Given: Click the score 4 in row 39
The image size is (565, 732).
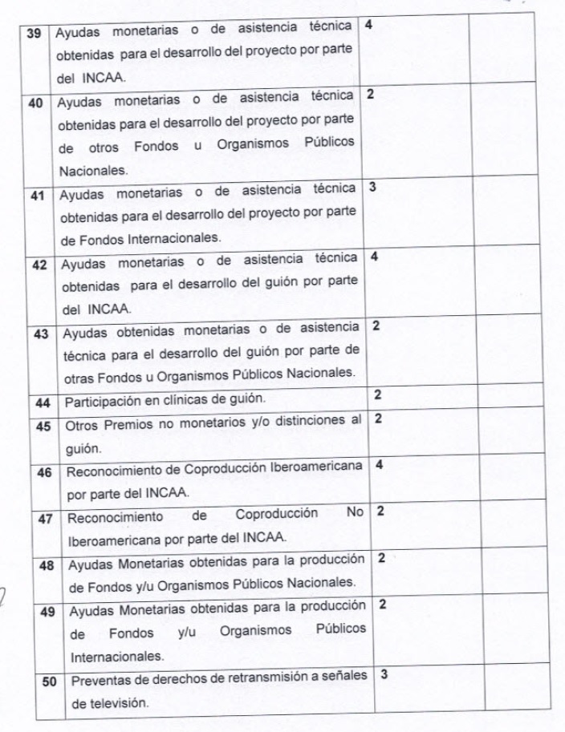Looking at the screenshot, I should pyautogui.click(x=368, y=25).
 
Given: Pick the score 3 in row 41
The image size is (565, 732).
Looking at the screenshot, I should pyautogui.click(x=372, y=188).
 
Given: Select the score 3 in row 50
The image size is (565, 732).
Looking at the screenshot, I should pyautogui.click(x=384, y=674).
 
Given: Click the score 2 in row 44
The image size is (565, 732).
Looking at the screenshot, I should pyautogui.click(x=378, y=394).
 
